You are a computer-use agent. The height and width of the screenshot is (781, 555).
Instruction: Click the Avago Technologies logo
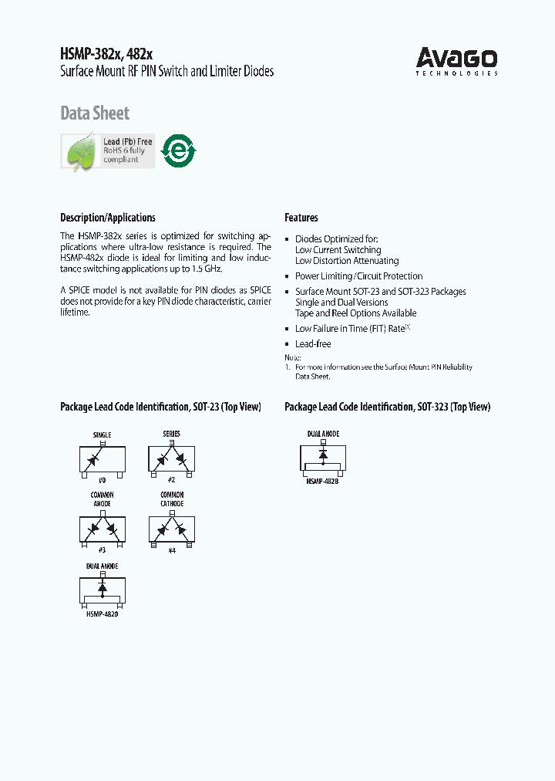point(456,60)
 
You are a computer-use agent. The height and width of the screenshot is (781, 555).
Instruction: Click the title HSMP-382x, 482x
point(106,54)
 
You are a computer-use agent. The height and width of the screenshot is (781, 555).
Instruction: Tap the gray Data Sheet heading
point(95,113)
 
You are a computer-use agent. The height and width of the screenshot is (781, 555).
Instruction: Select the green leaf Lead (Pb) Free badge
point(108,151)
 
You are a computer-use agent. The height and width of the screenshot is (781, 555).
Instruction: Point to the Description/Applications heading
point(108,218)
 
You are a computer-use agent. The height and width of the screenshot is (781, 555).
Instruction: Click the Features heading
point(301,218)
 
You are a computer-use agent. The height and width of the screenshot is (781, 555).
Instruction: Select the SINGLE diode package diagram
point(103,460)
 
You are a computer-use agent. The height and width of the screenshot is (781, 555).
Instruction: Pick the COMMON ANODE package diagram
point(103,529)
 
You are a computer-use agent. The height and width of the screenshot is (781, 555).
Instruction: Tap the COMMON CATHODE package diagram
point(171,529)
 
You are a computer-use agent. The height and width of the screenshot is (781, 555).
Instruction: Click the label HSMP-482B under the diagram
point(322,481)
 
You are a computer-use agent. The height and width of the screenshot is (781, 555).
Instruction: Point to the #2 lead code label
point(171,479)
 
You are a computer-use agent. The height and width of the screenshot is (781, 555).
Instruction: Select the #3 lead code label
point(103,549)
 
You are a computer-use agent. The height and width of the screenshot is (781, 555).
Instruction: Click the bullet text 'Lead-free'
point(313,344)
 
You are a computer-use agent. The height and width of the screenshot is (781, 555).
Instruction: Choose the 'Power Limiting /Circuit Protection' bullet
point(358,276)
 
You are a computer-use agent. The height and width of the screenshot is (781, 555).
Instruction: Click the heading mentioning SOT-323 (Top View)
point(387,407)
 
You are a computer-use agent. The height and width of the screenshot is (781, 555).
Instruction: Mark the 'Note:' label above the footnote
point(292,357)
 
